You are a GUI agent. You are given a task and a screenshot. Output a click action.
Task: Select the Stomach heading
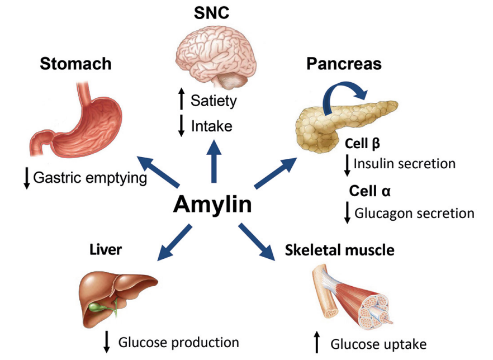click(x=75, y=64)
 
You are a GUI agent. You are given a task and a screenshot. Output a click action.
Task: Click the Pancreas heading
click(x=344, y=64)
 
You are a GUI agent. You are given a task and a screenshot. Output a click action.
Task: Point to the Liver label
click(x=106, y=249)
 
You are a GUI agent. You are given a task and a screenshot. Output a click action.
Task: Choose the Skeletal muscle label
click(x=339, y=250)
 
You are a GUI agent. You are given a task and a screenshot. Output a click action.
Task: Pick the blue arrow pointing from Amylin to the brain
click(x=213, y=162)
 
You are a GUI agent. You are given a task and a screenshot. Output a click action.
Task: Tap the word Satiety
click(x=214, y=101)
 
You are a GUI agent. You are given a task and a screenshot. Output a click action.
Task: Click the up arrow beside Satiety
click(x=181, y=101)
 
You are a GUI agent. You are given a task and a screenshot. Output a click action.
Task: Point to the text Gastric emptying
click(x=90, y=178)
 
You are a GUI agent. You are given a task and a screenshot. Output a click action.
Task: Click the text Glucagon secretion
click(x=414, y=213)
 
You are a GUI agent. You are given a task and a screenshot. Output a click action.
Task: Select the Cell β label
click(x=363, y=144)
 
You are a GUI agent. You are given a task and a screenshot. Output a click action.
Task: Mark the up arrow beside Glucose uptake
click(x=317, y=342)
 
